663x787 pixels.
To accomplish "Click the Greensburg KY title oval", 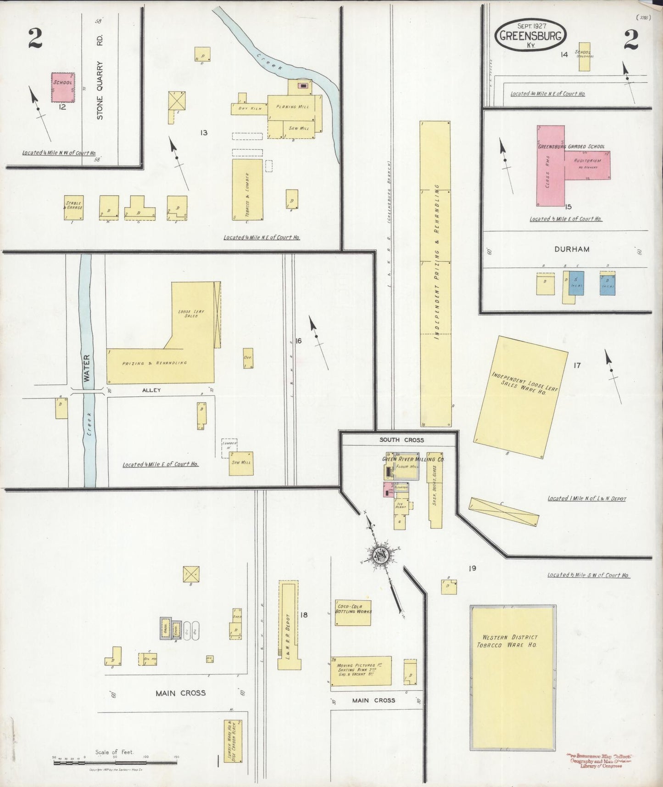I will coord(530,35).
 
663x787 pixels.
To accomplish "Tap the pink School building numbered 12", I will coord(63,87).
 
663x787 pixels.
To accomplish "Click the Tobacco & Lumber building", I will coord(247,189).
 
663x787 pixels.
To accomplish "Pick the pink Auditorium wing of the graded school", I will coord(587,164).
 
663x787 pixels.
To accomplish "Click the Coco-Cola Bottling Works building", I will coord(352,613).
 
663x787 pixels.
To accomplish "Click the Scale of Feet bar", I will coord(115,763).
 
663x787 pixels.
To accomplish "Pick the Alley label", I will coord(151,390).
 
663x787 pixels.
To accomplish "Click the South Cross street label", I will coord(401,440).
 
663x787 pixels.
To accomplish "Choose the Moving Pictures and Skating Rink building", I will coord(361,670).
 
